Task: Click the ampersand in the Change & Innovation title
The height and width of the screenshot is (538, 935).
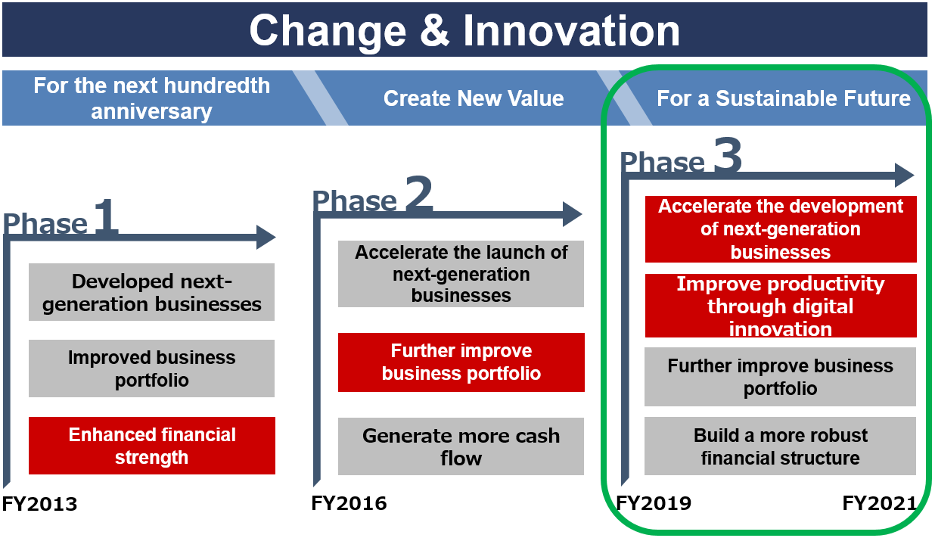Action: coord(434,30)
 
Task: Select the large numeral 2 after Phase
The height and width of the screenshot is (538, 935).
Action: coord(418,192)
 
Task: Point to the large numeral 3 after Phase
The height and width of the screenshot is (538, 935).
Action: coord(728,154)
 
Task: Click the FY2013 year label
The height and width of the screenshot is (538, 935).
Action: coord(39,504)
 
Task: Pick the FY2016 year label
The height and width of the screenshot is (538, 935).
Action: coord(349,503)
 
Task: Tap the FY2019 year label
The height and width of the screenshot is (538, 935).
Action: coord(654,503)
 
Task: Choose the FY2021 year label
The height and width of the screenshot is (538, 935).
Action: coord(880,503)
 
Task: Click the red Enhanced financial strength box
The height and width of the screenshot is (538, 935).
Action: coord(152,446)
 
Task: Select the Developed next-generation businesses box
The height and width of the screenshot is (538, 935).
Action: coord(151,292)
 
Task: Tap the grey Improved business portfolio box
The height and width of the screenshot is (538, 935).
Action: coord(151,369)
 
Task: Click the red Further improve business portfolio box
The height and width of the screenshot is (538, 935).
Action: coord(461,362)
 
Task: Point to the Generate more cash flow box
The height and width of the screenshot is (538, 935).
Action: coord(461,446)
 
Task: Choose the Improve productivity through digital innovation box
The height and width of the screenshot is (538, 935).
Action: coord(781,306)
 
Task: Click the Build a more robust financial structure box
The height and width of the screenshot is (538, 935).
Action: coord(780,446)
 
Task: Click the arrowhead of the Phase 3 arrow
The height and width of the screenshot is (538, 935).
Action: coord(905,175)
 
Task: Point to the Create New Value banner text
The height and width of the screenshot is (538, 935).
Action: coord(474,98)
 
